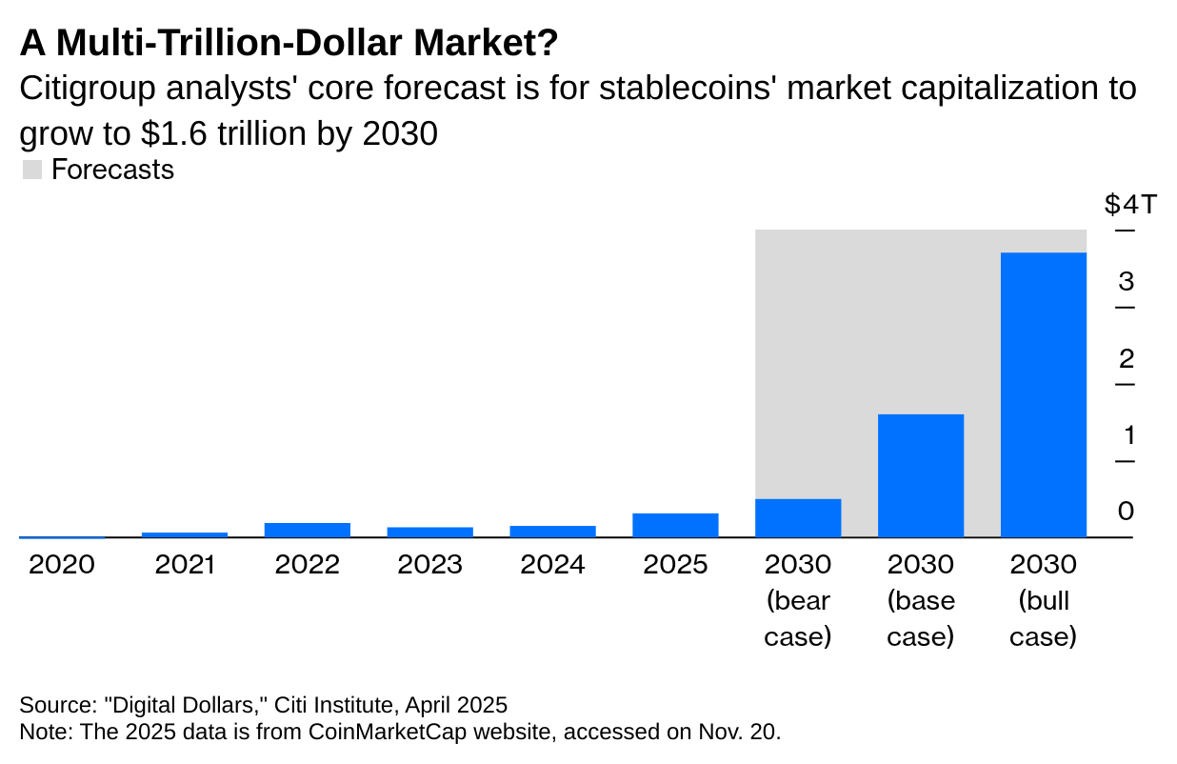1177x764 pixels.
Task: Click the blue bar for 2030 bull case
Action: [1043, 394]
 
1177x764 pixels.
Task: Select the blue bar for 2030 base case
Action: [920, 475]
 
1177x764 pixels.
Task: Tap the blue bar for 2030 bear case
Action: [798, 517]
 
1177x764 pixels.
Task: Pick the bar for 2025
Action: [675, 525]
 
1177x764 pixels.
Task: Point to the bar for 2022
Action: [307, 530]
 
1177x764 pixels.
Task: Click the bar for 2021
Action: [185, 534]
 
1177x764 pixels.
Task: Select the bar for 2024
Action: [552, 532]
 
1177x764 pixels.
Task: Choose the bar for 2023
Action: [429, 532]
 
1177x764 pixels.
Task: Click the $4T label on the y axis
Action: [1130, 205]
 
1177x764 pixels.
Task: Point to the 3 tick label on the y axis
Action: [1127, 281]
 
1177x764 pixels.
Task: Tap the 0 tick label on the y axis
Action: [1127, 512]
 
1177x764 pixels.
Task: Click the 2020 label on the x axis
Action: [62, 565]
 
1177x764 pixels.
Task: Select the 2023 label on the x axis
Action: [429, 565]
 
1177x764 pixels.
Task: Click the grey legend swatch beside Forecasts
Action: [31, 171]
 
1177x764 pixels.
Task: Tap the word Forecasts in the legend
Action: [112, 170]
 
